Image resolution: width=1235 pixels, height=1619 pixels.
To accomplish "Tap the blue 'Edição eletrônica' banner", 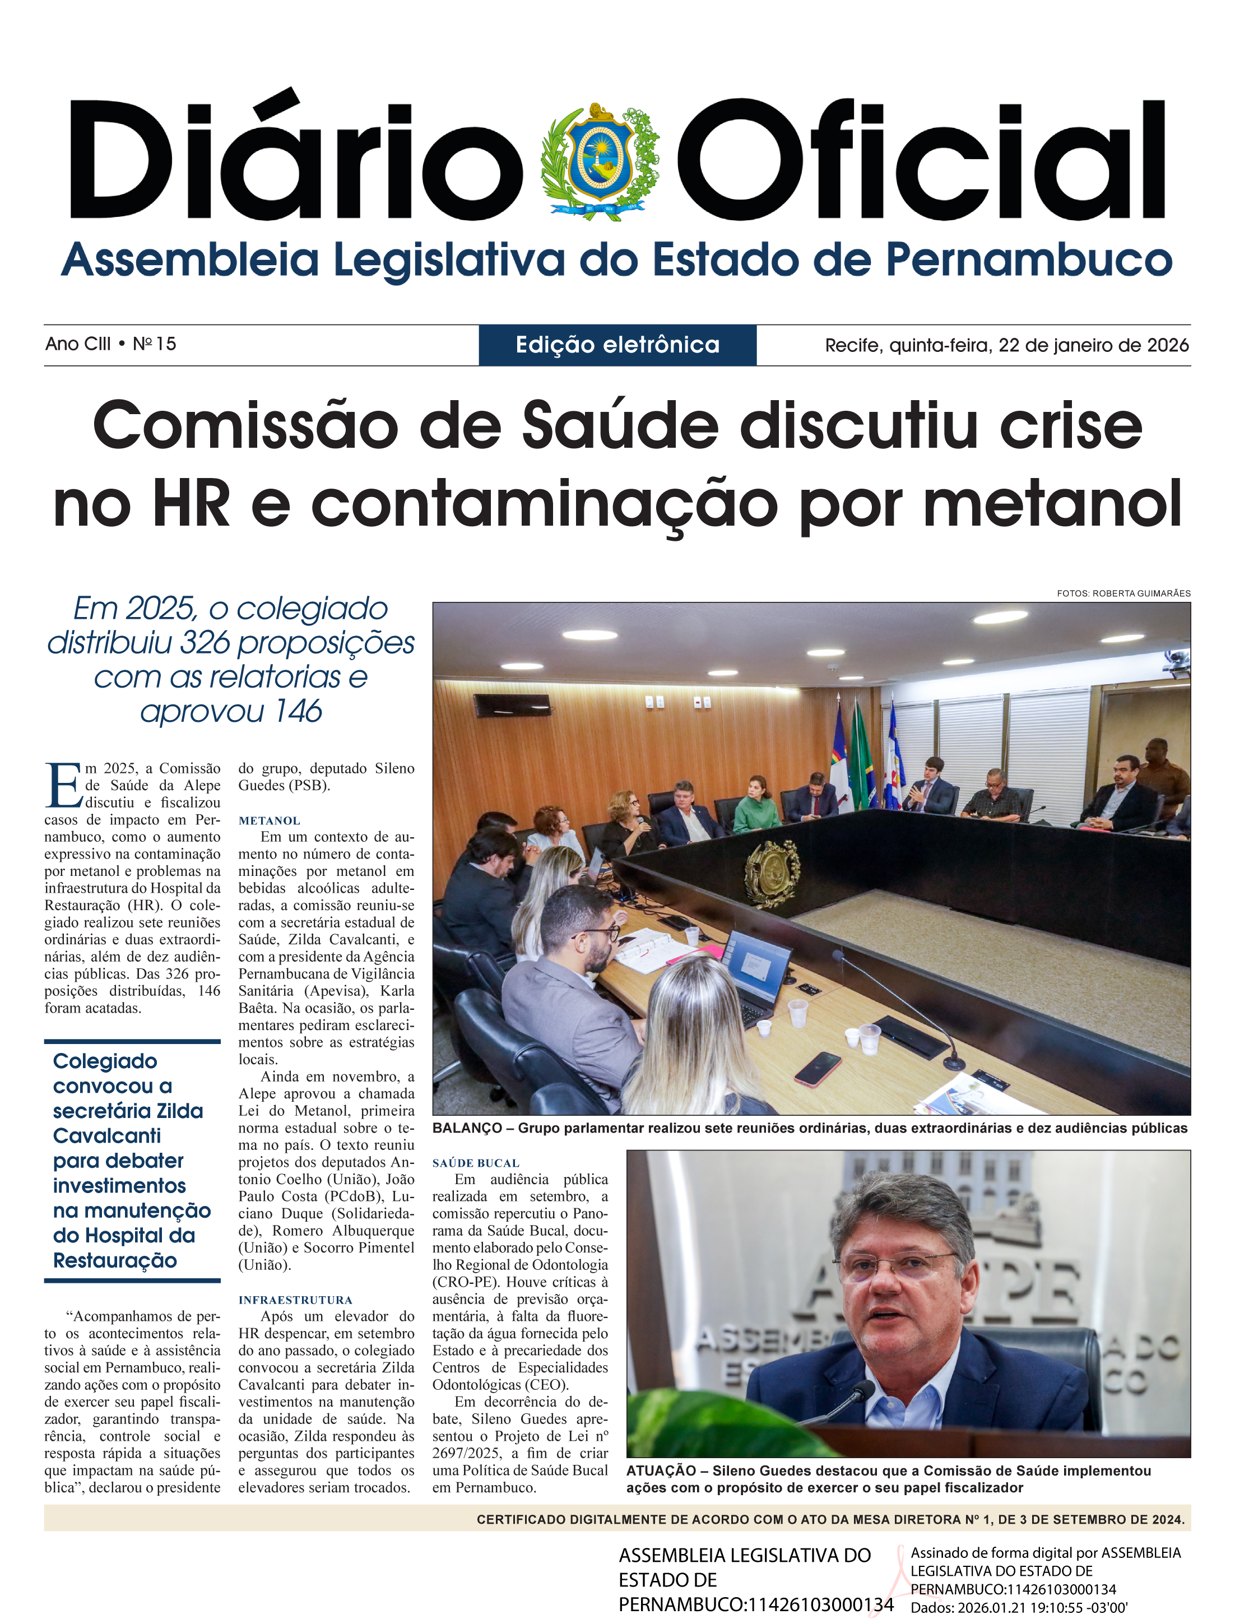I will (x=617, y=345).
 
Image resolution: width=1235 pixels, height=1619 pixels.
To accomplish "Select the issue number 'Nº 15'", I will (x=155, y=344).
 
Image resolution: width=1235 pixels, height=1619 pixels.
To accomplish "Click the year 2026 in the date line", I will (x=1167, y=346).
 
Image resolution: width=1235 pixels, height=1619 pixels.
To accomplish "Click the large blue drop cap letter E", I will (x=63, y=785).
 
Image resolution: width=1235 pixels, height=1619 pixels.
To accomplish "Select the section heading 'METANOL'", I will (x=269, y=820).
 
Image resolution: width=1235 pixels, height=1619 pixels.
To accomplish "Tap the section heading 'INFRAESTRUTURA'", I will (x=295, y=1300).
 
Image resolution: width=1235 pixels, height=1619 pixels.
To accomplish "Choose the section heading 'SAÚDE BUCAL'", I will (x=476, y=1163).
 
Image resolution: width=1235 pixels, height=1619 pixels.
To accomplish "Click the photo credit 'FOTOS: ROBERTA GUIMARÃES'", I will (x=1123, y=593).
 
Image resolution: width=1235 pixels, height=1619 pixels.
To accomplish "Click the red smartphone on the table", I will (x=818, y=1068).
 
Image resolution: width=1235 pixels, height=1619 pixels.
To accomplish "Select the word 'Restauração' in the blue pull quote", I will (x=115, y=1260).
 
